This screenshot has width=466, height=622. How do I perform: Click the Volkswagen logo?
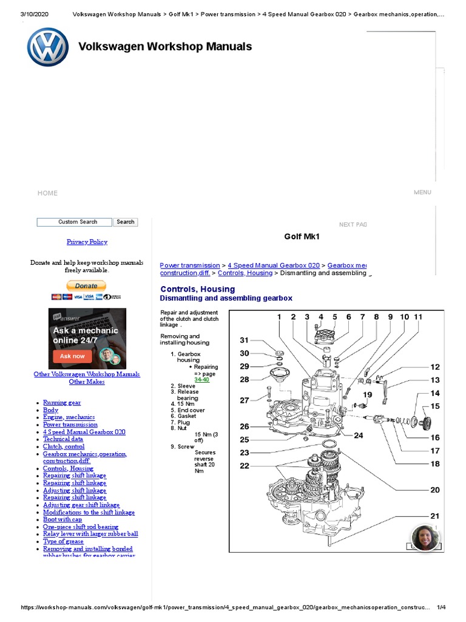(x=48, y=47)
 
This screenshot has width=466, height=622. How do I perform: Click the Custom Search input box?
(x=75, y=222)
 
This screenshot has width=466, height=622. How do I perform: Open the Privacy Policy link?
(x=87, y=242)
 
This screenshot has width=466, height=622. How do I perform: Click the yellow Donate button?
(x=86, y=285)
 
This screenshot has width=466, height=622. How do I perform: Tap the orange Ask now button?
(x=72, y=356)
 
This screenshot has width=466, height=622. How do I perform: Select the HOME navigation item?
(x=47, y=193)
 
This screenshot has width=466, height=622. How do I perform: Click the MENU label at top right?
(x=422, y=193)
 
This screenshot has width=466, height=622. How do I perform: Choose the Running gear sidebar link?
(x=62, y=403)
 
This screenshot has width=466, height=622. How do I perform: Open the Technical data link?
(x=63, y=439)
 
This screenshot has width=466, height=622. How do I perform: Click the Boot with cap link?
(x=62, y=519)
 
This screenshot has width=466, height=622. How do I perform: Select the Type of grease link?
(x=64, y=541)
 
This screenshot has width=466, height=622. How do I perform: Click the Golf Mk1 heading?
(x=302, y=236)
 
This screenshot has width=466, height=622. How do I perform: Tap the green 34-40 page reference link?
(x=201, y=380)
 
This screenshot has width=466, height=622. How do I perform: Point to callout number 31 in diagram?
(x=244, y=340)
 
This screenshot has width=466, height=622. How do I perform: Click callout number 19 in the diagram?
(x=367, y=395)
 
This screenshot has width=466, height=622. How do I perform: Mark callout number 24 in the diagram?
(x=359, y=435)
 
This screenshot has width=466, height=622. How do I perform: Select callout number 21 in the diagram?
(x=435, y=516)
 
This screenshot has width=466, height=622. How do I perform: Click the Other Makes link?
(x=87, y=382)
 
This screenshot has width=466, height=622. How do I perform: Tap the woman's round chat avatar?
(x=424, y=538)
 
